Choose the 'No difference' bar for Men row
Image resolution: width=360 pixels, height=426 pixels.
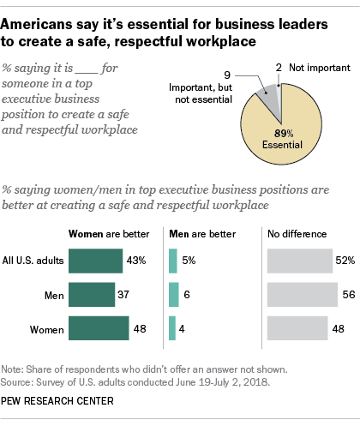point(302,294)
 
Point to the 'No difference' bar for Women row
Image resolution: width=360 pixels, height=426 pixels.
point(297,328)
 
